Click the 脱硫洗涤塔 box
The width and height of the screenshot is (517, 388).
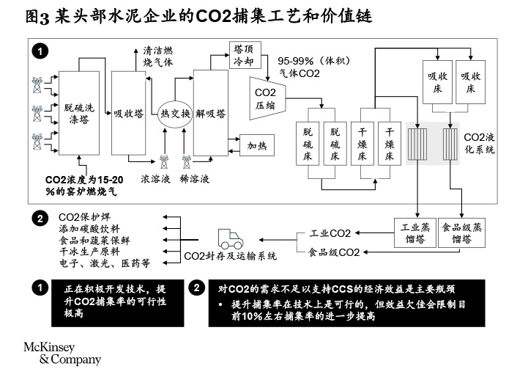[x=79, y=113]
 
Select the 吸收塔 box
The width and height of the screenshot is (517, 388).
[x=128, y=113]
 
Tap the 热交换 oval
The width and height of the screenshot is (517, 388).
[x=175, y=113]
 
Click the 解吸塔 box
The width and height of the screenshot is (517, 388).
[x=211, y=113]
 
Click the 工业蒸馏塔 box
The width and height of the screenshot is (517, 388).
[x=414, y=233]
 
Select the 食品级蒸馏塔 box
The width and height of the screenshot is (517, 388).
[x=461, y=233]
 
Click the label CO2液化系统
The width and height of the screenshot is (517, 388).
[x=480, y=142]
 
